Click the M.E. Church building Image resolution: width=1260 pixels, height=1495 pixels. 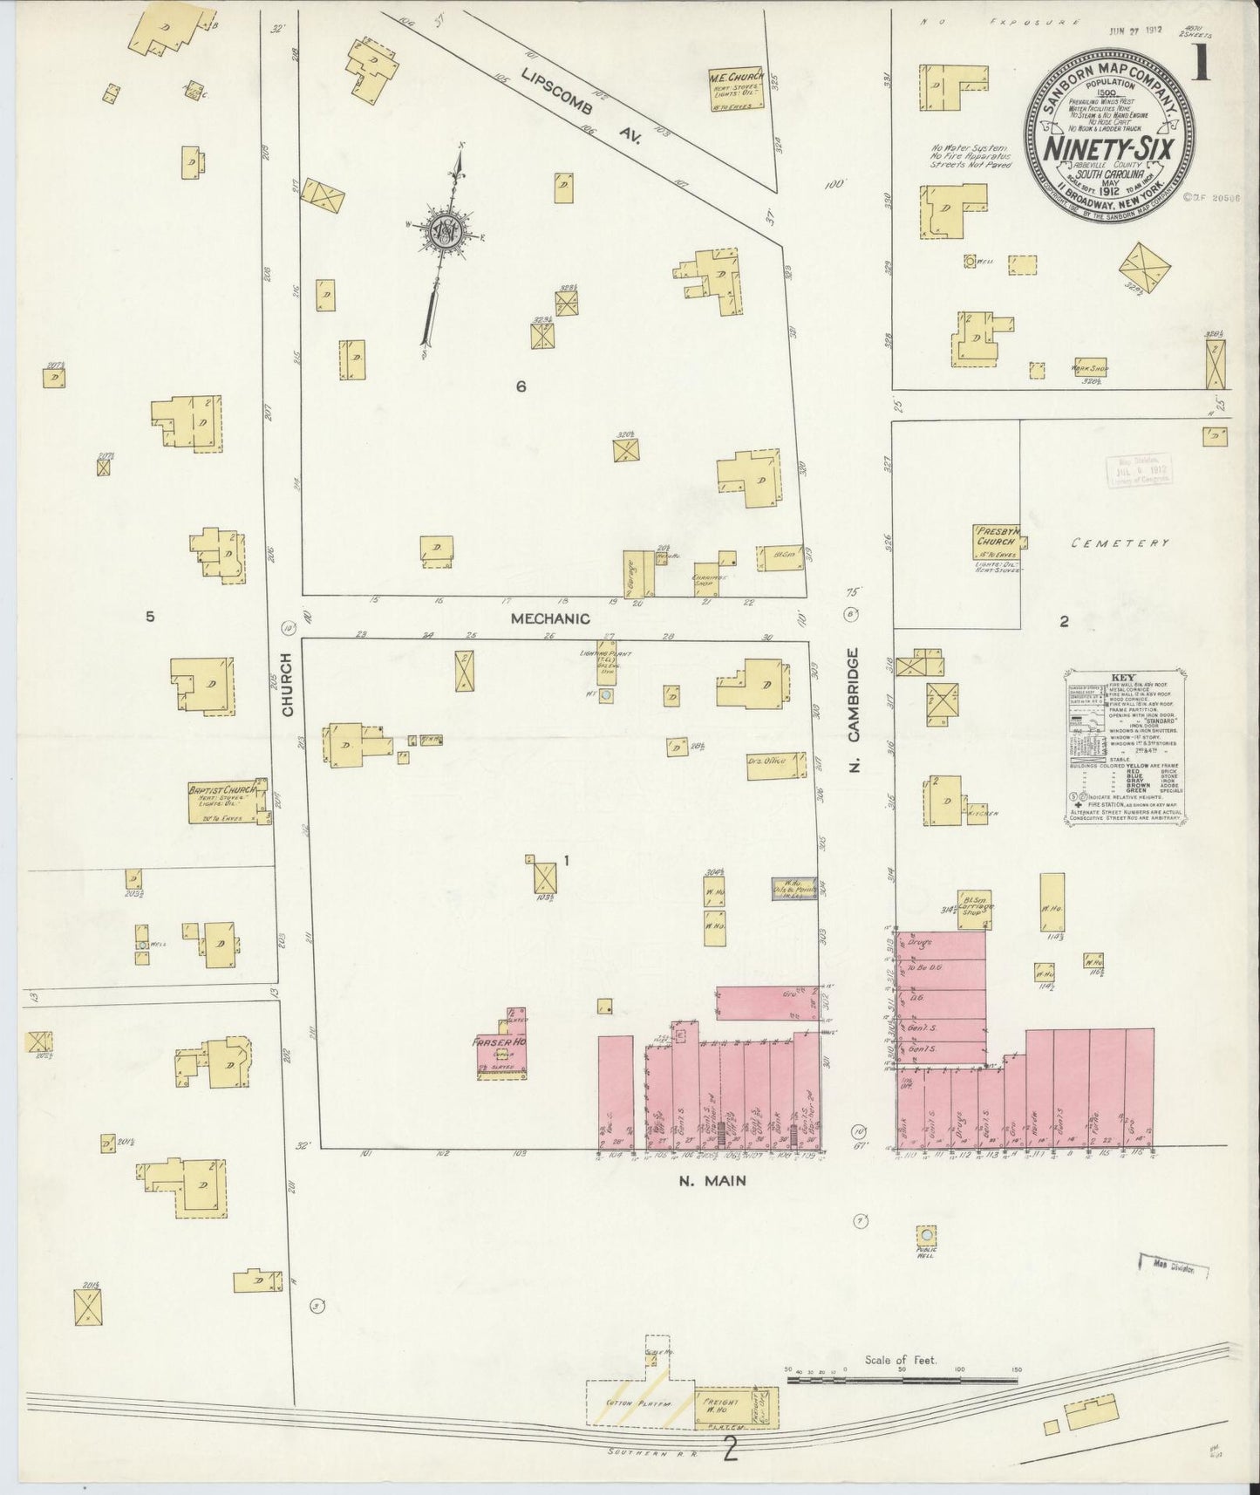click(736, 89)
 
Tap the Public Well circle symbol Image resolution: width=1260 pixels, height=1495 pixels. click(927, 1236)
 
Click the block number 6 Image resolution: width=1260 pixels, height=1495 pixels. click(521, 386)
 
